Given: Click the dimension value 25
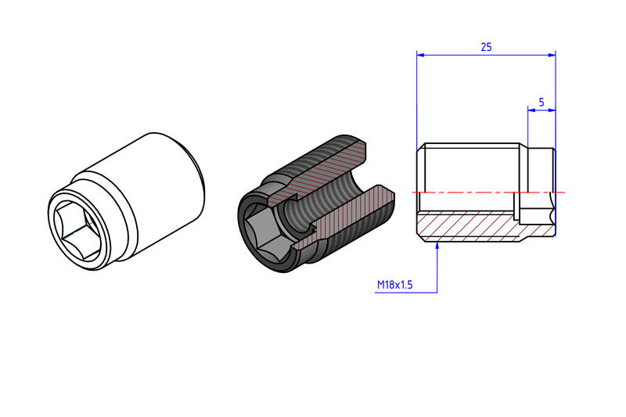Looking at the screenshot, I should click(x=485, y=47).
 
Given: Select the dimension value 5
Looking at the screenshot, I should click(x=541, y=102).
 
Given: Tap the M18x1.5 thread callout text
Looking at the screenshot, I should click(x=395, y=285).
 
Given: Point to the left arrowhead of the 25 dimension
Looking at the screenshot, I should click(x=420, y=55).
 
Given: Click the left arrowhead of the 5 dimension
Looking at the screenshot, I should click(x=531, y=110).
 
